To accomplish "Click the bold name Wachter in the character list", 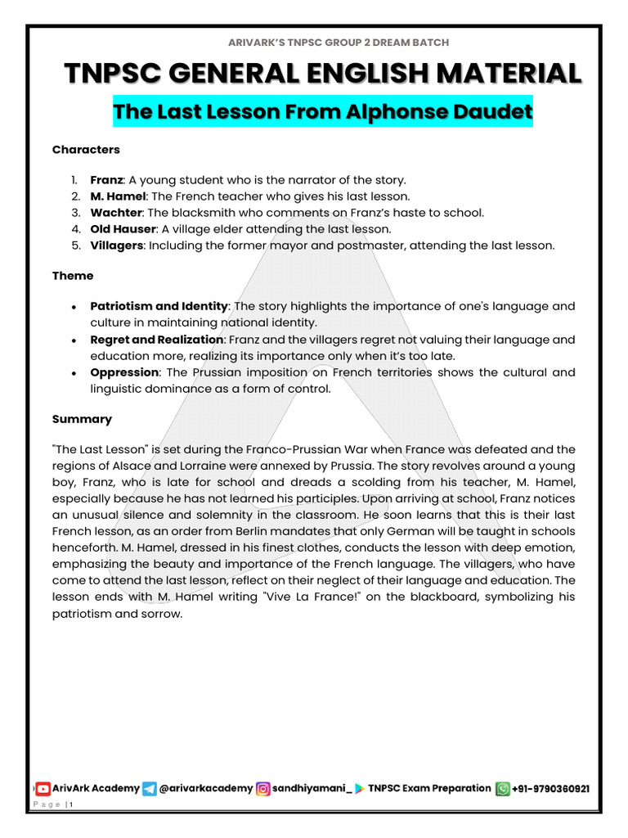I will [115, 213].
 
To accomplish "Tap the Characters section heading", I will [86, 150].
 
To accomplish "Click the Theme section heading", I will [73, 276].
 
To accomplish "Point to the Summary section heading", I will [82, 419].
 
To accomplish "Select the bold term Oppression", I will [124, 372].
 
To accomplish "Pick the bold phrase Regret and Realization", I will [156, 340].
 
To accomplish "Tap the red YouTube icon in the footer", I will [43, 788].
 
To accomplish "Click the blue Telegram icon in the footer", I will [149, 789].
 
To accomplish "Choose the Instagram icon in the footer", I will [263, 789].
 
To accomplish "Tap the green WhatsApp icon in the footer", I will [502, 789].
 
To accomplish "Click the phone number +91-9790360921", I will [551, 789].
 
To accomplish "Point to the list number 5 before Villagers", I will [74, 246].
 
